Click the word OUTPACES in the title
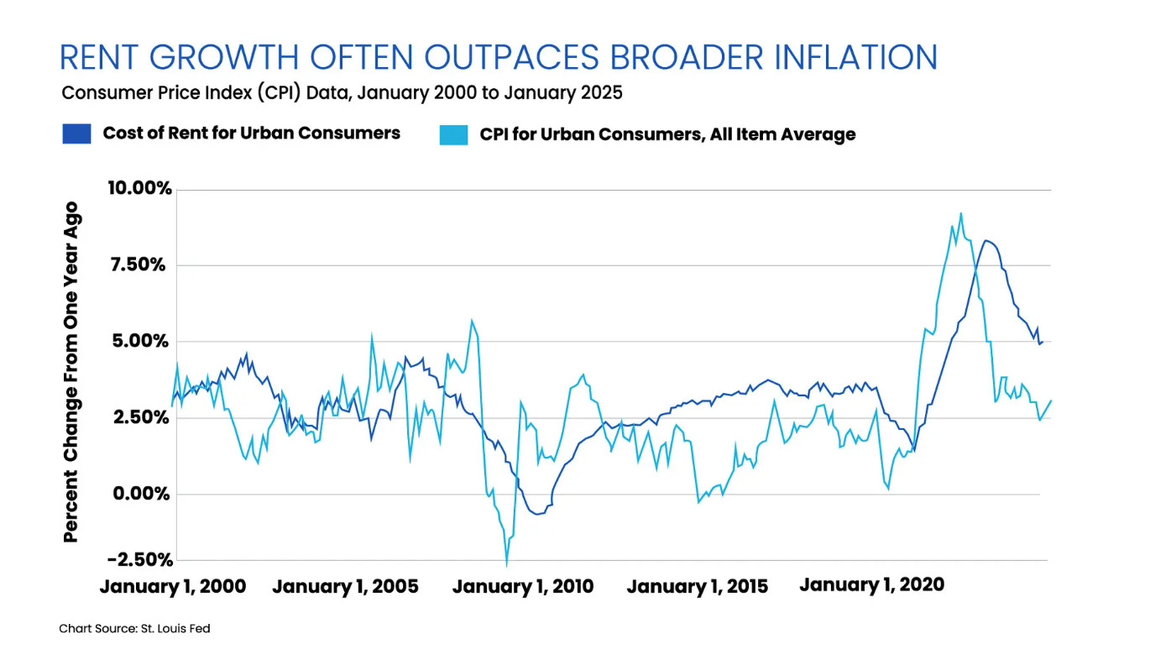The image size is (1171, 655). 511,57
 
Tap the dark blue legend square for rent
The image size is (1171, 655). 76,134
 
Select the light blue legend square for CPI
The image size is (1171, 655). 453,134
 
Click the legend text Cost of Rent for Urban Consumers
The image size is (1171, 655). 252,133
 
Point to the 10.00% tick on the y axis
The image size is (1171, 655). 139,188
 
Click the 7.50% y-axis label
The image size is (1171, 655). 138,265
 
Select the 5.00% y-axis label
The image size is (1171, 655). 140,341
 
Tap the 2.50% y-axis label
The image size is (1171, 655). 141,417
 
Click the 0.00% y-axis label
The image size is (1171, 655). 141,493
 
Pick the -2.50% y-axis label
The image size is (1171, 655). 140,559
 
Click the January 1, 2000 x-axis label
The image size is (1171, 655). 173,586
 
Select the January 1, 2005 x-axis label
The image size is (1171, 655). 345,586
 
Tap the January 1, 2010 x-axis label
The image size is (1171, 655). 523,586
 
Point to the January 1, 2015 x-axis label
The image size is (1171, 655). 698,586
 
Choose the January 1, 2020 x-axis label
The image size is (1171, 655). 872,585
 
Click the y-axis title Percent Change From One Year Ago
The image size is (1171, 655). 71,372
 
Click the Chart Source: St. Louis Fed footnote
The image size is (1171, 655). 134,628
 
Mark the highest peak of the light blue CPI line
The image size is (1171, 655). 961,213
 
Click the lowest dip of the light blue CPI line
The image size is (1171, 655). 506,565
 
